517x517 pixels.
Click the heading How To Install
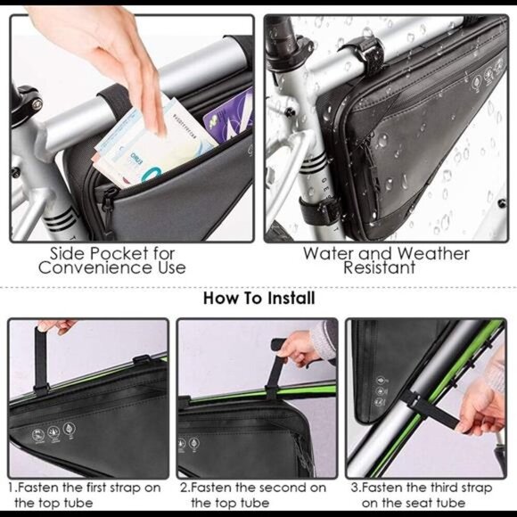[258, 298]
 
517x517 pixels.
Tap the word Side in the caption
[69, 253]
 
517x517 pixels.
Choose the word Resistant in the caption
[384, 268]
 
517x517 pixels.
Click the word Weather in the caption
[431, 253]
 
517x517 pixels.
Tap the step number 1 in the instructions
[12, 488]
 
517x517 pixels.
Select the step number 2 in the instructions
[184, 488]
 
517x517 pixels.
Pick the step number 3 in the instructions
[354, 488]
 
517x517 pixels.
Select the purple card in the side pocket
[227, 111]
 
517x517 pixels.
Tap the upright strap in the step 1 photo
[40, 361]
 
